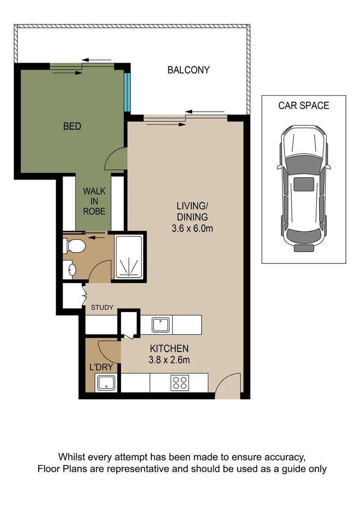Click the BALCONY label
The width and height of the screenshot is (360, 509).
[x=188, y=70]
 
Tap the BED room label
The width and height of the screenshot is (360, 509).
[x=72, y=126]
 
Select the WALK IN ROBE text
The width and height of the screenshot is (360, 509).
[x=94, y=201]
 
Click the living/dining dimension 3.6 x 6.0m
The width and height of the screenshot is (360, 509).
[x=193, y=229]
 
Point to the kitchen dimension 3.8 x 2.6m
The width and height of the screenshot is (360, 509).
[x=169, y=361]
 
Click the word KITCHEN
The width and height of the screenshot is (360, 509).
[x=169, y=349]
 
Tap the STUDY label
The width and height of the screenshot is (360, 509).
[x=102, y=308]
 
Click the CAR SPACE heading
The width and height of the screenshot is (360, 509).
[x=303, y=106]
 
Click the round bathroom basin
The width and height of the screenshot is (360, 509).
[x=71, y=270]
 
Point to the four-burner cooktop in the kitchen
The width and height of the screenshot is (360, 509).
[x=180, y=382]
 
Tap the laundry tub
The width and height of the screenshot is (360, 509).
[x=106, y=383]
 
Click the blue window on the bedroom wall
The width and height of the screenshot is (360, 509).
[x=126, y=92]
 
